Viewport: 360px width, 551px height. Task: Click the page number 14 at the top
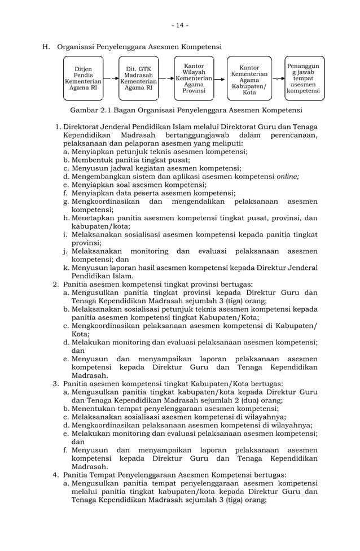tap(180, 25)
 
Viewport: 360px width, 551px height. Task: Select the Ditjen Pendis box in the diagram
tap(84, 78)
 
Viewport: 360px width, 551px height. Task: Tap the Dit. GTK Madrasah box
tap(138, 78)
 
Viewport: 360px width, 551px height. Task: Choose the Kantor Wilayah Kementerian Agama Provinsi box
tap(194, 78)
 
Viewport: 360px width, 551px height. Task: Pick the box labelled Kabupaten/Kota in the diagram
tap(249, 79)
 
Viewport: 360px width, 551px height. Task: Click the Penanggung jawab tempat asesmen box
tap(304, 78)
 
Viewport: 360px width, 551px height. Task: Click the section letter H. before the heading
tap(47, 46)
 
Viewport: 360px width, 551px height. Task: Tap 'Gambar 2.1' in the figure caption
tap(87, 110)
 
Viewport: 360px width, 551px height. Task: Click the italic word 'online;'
tap(287, 176)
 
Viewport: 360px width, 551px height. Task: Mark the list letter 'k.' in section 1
tap(67, 267)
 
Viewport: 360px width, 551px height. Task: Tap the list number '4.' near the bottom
tap(56, 475)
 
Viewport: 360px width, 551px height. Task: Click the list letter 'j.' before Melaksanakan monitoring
tap(67, 250)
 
